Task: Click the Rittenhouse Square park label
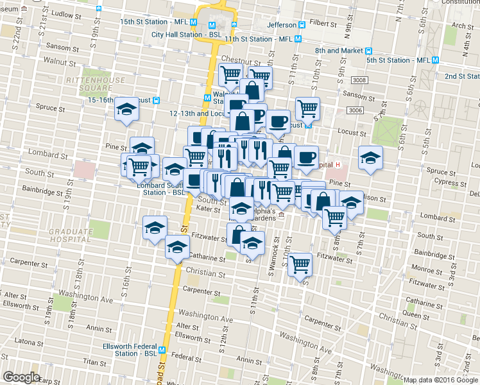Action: click(90, 84)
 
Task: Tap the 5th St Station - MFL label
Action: click(398, 60)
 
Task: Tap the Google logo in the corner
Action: click(21, 377)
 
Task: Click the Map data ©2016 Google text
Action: click(440, 380)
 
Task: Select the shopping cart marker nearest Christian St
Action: click(300, 264)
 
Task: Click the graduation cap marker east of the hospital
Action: click(370, 157)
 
